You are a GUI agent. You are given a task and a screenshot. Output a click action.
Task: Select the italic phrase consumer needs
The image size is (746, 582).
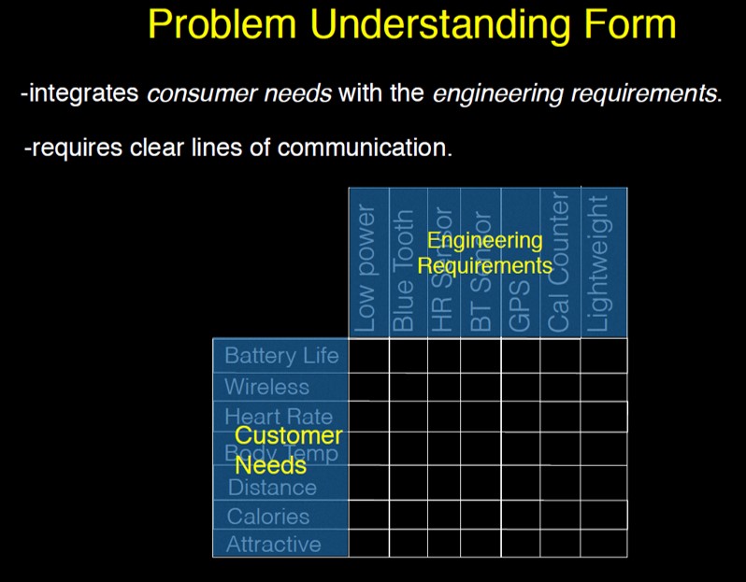click(239, 94)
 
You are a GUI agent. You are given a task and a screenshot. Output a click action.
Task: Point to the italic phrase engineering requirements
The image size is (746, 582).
click(577, 94)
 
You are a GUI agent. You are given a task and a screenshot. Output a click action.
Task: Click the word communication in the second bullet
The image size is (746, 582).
click(374, 148)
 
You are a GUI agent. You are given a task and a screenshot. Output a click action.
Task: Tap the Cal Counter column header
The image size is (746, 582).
click(559, 263)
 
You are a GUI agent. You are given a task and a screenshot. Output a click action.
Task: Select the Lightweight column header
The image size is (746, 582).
click(601, 264)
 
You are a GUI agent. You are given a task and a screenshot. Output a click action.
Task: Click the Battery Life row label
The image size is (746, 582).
click(281, 356)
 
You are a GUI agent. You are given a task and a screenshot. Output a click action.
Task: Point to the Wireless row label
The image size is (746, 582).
click(266, 387)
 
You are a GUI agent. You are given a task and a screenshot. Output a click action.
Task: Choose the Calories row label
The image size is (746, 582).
click(268, 516)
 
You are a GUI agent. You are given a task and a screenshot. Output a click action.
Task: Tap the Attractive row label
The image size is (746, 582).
click(274, 544)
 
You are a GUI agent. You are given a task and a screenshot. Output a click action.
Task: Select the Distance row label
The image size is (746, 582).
click(272, 487)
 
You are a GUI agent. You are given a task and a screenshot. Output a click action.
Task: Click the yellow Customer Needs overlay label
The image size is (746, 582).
click(287, 449)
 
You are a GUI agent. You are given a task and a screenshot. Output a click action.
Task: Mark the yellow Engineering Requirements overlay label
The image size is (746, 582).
click(484, 253)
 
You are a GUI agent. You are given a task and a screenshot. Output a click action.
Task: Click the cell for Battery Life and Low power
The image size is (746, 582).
click(368, 356)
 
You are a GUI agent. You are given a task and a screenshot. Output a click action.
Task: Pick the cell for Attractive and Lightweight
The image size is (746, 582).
click(603, 543)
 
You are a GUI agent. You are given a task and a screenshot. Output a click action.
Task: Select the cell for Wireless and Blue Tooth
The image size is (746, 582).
click(408, 387)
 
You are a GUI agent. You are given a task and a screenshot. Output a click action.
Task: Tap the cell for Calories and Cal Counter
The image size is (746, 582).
click(559, 515)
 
